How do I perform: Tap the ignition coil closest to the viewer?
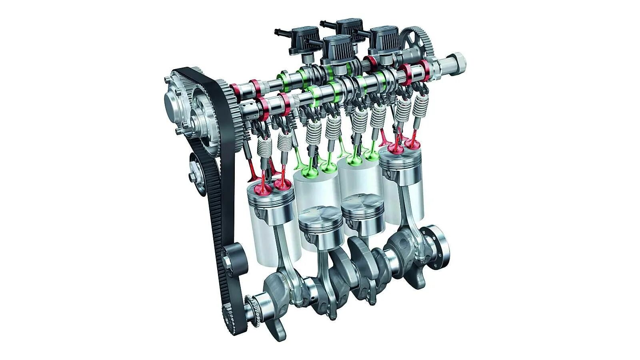coord(338,48)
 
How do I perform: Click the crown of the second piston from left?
coord(320,216)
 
